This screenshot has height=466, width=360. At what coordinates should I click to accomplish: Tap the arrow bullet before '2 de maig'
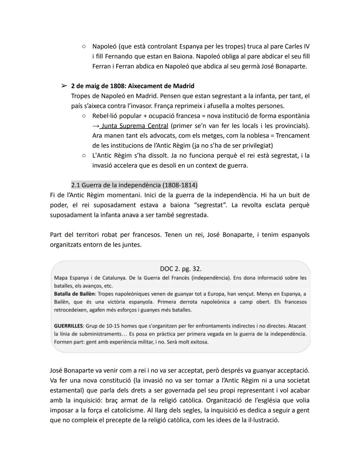tap(64, 86)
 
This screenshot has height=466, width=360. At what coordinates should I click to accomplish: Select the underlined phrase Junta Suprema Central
tap(135, 126)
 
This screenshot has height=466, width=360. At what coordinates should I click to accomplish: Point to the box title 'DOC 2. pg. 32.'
tap(181, 269)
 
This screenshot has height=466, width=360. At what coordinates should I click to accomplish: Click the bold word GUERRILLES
tap(68, 326)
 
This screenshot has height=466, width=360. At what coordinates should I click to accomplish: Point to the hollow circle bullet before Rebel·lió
tap(84, 116)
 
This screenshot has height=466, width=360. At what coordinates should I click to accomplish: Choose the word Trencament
tap(292, 136)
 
